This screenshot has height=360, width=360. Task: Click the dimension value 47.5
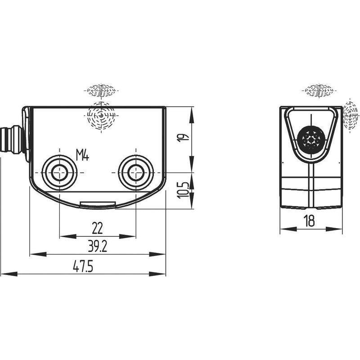83,267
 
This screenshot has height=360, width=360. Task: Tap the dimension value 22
97,229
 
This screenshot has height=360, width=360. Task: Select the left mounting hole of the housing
58,172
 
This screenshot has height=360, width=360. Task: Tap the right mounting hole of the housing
135,172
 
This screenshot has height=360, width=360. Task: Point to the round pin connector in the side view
310,138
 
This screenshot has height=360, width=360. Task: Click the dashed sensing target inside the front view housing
101,116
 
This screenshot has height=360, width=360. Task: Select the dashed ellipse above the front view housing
101,90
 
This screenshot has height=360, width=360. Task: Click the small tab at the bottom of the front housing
98,205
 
